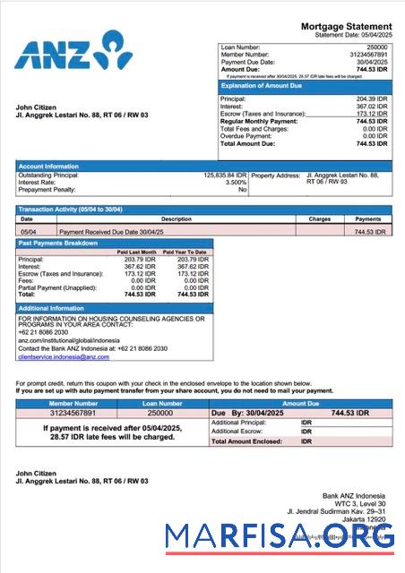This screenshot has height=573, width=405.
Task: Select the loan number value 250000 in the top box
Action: click(377, 46)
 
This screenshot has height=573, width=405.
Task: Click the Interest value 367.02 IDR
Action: click(370, 106)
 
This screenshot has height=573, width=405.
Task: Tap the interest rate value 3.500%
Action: click(234, 182)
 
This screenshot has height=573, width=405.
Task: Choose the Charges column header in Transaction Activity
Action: click(320, 218)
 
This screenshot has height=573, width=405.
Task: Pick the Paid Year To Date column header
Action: click(185, 252)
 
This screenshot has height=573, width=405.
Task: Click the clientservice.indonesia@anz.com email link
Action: click(64, 356)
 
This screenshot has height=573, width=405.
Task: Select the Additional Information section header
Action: click(51, 308)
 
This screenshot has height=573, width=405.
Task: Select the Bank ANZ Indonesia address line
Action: click(353, 495)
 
